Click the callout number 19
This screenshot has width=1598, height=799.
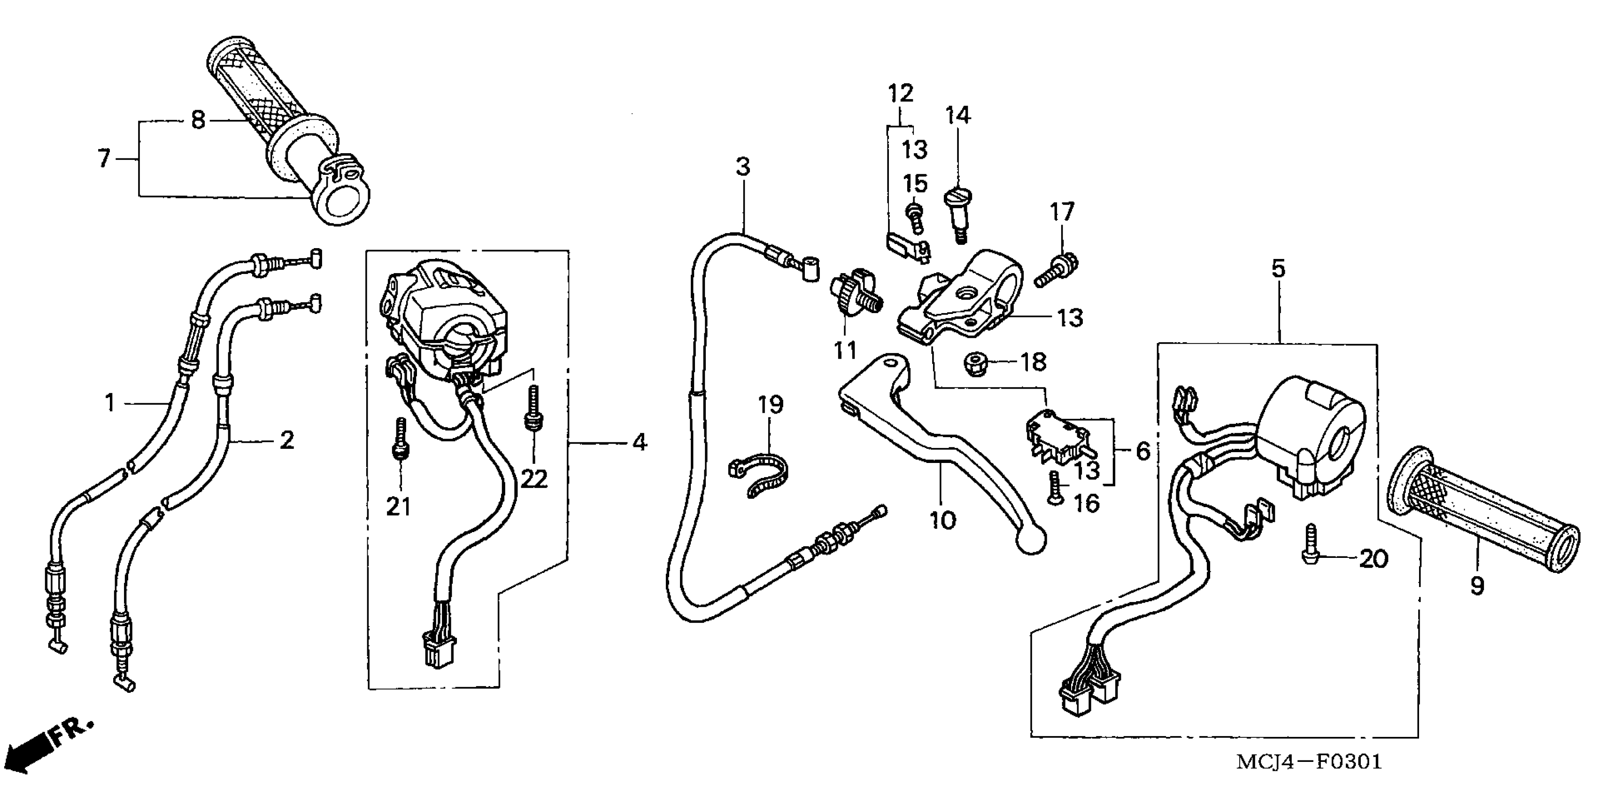pyautogui.click(x=771, y=405)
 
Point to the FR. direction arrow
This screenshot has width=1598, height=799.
pyautogui.click(x=43, y=750)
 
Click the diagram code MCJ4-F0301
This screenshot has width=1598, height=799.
pyautogui.click(x=1309, y=762)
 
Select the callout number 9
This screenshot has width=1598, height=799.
pyautogui.click(x=1477, y=586)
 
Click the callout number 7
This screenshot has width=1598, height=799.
pyautogui.click(x=104, y=159)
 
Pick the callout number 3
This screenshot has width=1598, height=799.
pyautogui.click(x=742, y=166)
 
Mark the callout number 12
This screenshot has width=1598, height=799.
pyautogui.click(x=900, y=94)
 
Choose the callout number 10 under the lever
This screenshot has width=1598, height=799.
pyautogui.click(x=942, y=520)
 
